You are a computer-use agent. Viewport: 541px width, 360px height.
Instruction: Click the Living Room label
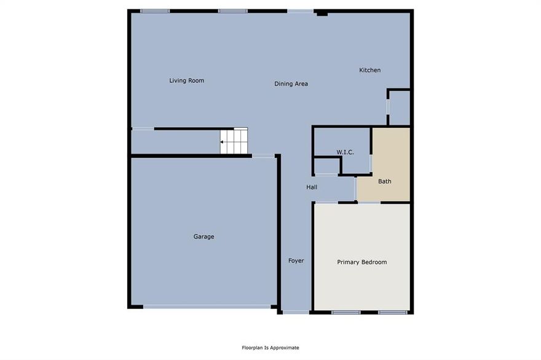(186, 80)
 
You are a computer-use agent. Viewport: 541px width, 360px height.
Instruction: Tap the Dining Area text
(291, 84)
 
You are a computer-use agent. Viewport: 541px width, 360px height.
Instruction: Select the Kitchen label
(369, 70)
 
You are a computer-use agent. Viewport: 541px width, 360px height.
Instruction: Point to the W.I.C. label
(344, 152)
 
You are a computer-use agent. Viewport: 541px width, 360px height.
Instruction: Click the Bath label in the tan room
(384, 181)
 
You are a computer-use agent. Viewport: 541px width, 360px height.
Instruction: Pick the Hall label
(312, 187)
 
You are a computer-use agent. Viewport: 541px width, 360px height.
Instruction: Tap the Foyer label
(296, 260)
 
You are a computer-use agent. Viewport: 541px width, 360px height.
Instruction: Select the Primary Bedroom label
(361, 262)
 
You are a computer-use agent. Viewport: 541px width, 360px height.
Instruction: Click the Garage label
(203, 237)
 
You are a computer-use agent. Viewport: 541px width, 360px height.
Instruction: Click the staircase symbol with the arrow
(234, 141)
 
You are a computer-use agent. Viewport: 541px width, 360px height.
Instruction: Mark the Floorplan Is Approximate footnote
(270, 348)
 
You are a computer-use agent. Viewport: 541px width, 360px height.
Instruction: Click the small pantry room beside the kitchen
(399, 108)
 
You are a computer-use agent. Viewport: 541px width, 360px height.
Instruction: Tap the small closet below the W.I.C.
(327, 166)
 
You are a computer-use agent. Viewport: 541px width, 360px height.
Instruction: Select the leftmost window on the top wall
(155, 10)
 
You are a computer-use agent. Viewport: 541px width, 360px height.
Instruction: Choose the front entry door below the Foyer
(296, 312)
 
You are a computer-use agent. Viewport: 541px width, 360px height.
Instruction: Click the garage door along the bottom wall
(207, 306)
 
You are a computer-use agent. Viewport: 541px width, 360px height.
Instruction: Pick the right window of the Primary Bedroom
(393, 312)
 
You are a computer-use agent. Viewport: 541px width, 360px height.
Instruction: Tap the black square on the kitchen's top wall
(322, 13)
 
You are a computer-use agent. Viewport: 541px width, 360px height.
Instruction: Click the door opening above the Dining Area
(299, 10)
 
